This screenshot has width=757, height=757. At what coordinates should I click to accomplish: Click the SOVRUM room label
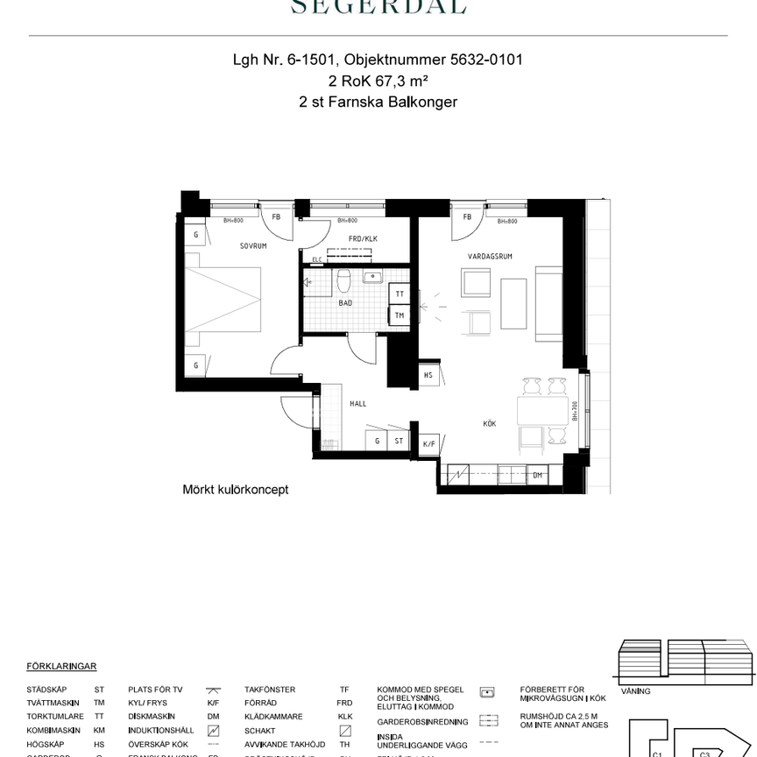[252, 246]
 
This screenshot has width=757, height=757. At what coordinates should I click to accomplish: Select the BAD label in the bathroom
[345, 302]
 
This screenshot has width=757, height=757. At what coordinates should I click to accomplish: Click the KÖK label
[489, 424]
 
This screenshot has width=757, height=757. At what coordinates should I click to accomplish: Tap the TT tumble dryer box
[400, 294]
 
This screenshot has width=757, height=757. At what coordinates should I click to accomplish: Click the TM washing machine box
[400, 315]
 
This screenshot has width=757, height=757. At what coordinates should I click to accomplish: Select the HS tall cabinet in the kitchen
[428, 375]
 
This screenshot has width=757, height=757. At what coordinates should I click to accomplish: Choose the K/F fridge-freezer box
[428, 444]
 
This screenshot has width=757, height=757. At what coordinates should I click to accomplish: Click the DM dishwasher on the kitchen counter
[537, 476]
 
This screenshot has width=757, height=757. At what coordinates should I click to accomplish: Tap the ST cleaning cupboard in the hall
[399, 442]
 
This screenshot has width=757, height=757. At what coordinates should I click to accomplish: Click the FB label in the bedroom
[276, 216]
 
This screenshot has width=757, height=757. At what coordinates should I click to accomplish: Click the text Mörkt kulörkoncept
[235, 491]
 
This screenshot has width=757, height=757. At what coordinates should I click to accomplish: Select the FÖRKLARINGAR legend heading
[61, 667]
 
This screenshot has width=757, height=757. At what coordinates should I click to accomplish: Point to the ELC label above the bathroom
[317, 259]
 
